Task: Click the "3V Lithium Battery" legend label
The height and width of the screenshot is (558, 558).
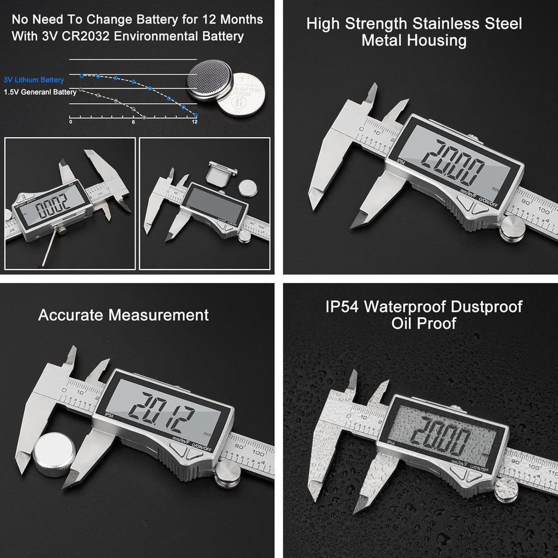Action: click(33, 80)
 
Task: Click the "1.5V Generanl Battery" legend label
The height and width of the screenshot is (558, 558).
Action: click(40, 92)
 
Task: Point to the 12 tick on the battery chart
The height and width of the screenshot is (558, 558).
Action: click(195, 122)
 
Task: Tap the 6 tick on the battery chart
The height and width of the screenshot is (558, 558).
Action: click(133, 122)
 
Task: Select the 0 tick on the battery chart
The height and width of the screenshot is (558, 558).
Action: click(70, 122)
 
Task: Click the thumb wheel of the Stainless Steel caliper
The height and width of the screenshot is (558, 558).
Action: click(512, 228)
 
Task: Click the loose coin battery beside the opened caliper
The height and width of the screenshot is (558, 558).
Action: click(247, 186)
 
